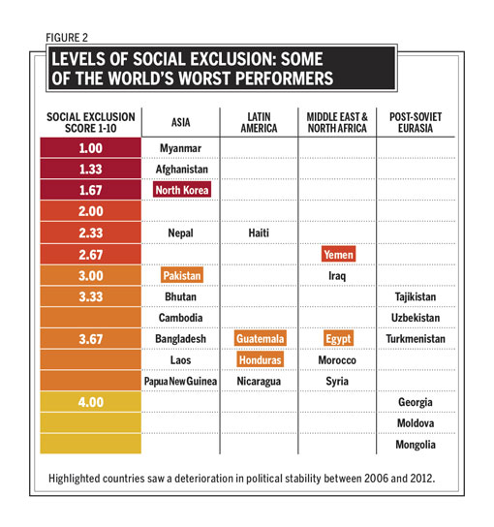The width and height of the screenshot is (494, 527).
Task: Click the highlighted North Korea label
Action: pos(182,190)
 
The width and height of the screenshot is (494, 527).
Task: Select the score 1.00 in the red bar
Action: pos(91,148)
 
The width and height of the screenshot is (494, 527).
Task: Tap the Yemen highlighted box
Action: pos(338,254)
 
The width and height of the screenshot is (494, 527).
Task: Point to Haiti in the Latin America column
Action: pos(259,232)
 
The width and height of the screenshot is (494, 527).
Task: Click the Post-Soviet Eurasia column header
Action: pos(416,122)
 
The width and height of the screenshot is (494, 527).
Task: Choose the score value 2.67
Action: pos(91,255)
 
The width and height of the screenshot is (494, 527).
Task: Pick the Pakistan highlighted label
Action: pos(182,275)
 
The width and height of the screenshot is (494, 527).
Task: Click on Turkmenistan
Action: pos(416,338)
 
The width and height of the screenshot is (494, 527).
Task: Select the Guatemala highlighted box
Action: pos(261,338)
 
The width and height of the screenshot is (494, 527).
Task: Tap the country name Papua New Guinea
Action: pos(180,381)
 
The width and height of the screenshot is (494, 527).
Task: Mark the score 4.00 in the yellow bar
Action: pos(91,402)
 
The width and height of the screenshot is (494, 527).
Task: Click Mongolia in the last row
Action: pos(416,445)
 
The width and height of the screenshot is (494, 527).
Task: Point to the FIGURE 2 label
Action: pos(67,38)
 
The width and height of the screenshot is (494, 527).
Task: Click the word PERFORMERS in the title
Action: pos(285,78)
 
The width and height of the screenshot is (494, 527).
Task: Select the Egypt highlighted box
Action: pos(338,338)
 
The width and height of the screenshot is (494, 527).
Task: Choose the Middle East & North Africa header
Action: pos(337,122)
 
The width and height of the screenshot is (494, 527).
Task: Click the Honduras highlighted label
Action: pos(261,360)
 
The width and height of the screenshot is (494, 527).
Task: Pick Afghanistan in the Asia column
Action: pos(182,170)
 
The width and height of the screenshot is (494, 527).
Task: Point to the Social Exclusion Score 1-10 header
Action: pos(91,122)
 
